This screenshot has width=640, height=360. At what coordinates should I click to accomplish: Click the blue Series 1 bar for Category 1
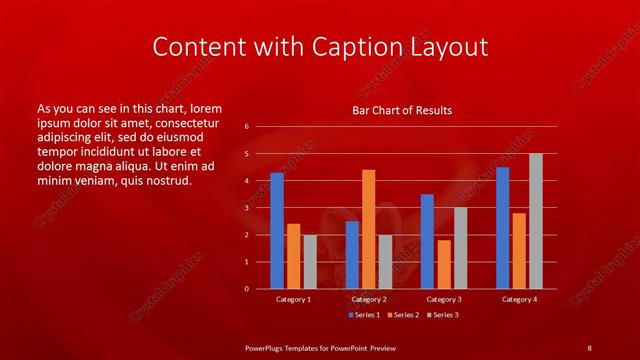[277, 231]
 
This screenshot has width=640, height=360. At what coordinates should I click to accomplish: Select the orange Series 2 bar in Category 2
[368, 229]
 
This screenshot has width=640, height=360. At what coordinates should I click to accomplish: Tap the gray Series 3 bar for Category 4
[535, 221]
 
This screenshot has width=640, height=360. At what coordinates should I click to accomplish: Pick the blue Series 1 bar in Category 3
[427, 241]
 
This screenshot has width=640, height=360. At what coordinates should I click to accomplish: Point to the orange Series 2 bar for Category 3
[443, 264]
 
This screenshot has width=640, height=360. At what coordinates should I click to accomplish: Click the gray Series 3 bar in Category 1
[310, 262]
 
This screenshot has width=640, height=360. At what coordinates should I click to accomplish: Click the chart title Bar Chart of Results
[402, 110]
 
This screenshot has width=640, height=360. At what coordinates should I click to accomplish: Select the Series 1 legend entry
[363, 315]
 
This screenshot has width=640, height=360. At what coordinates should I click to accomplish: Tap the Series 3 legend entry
[444, 315]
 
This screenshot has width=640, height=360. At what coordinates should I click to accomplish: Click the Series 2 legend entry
[404, 315]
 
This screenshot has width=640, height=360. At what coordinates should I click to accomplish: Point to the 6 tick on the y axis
[247, 127]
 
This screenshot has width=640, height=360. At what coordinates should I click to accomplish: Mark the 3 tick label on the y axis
[247, 208]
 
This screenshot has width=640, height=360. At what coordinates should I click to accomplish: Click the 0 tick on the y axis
[247, 289]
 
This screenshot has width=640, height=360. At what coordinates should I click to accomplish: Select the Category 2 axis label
[368, 299]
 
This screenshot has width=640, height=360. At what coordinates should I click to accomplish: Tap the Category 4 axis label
[519, 299]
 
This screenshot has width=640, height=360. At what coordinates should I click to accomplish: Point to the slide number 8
[589, 347]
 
